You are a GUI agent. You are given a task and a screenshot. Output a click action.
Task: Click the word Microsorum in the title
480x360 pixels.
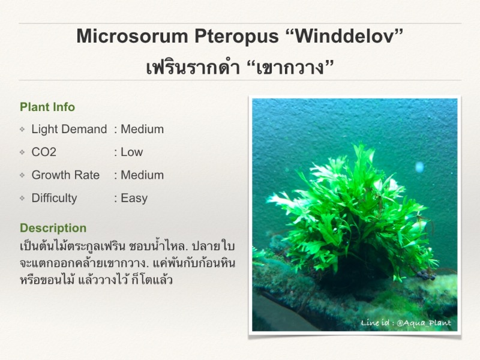[x=132, y=36]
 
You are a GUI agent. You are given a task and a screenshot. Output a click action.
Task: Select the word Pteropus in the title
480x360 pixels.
[x=236, y=37]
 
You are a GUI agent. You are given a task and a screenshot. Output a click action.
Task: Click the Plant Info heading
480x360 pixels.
[x=47, y=107]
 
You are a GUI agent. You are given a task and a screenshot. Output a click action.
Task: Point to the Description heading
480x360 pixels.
[x=53, y=228]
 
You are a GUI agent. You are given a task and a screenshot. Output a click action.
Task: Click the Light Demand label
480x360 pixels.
[x=69, y=129]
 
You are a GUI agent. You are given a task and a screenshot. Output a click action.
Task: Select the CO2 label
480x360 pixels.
[x=44, y=152]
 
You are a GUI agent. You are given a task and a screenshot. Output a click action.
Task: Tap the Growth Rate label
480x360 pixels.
[x=65, y=175]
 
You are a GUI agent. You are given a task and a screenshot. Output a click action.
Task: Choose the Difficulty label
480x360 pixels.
[x=54, y=199]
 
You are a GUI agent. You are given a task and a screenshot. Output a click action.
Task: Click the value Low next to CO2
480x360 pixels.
[x=131, y=152]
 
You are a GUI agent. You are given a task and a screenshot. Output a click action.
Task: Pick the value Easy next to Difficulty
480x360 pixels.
[x=134, y=199]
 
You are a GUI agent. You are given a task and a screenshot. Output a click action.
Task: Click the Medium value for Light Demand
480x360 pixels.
[x=142, y=129]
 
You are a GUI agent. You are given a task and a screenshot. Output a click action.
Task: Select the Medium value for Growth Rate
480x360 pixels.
[x=142, y=175]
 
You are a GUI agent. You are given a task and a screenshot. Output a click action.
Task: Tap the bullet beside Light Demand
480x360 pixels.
[x=22, y=129]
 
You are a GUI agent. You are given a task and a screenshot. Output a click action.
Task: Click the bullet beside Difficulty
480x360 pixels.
[x=22, y=198]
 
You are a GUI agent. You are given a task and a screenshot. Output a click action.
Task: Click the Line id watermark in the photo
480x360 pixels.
[x=406, y=323]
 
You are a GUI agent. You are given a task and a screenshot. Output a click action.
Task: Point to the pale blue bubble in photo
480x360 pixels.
[x=419, y=167]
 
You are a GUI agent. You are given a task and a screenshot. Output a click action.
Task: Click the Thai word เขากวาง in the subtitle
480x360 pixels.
[x=290, y=68]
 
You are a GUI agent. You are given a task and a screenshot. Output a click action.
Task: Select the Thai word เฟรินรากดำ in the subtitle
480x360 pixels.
[x=193, y=67]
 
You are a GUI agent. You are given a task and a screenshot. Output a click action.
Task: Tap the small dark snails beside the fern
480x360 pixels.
[x=427, y=275]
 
